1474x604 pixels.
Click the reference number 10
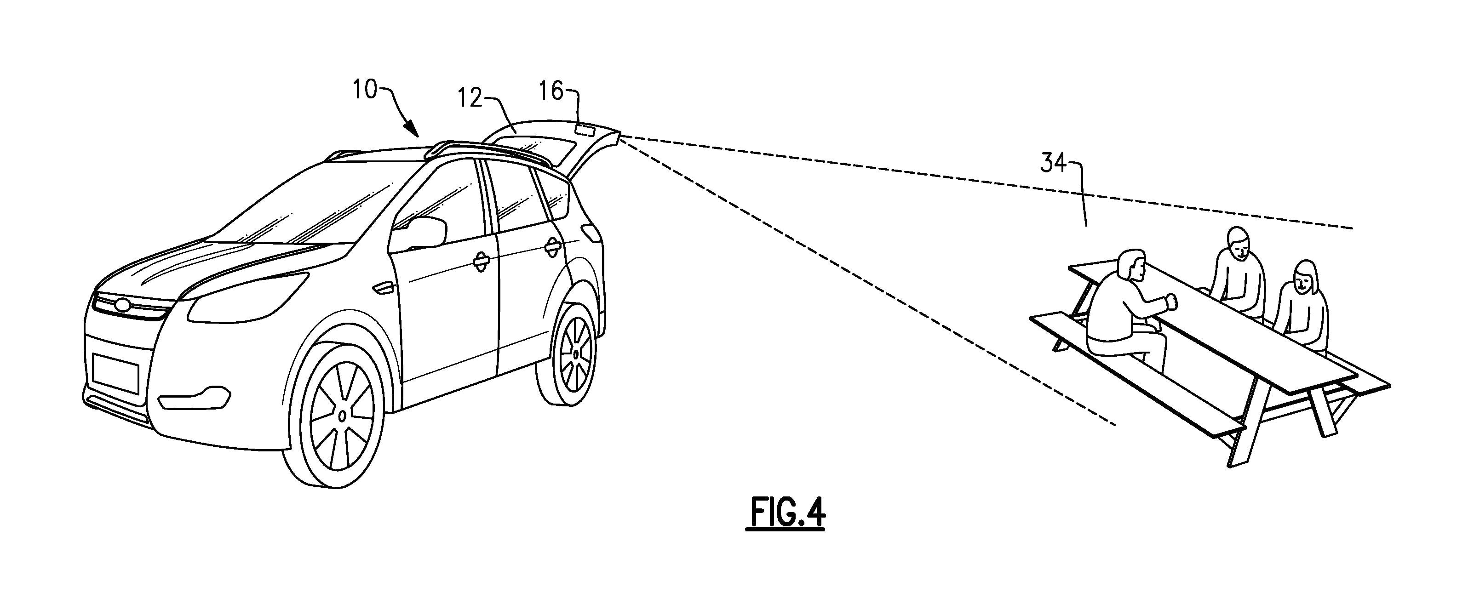pyautogui.click(x=365, y=91)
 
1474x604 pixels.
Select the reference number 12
pyautogui.click(x=470, y=98)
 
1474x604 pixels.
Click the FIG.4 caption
pyautogui.click(x=785, y=513)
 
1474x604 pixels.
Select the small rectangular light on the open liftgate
pyautogui.click(x=585, y=131)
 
